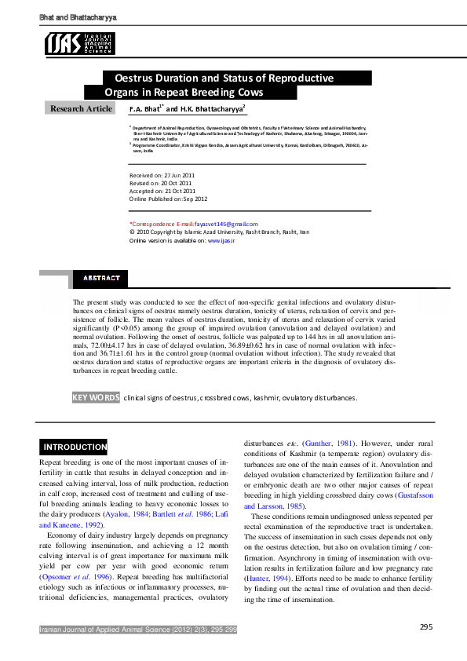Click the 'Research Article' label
tap(82, 108)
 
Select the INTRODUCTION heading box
tap(75, 447)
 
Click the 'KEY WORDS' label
tap(96, 398)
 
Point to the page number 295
tap(426, 626)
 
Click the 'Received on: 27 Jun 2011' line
tap(162, 175)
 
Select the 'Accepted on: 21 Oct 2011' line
tap(162, 191)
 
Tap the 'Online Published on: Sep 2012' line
tap(168, 199)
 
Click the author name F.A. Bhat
tap(144, 109)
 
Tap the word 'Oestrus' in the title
tap(135, 79)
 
